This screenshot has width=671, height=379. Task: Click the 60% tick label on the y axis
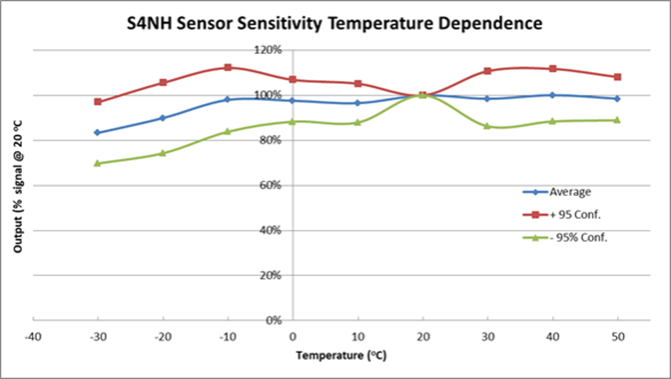click(272, 185)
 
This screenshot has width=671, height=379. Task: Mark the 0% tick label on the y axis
click(275, 320)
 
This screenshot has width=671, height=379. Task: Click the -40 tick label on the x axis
click(33, 337)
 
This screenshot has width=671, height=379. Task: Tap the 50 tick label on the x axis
click(617, 337)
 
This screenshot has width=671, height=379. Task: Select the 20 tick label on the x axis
click(422, 337)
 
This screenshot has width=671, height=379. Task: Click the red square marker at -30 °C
click(98, 102)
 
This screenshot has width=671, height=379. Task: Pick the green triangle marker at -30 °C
click(98, 163)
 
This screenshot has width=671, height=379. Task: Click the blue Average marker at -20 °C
click(163, 118)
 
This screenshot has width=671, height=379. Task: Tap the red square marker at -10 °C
click(228, 68)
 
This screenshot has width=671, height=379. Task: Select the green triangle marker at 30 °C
click(487, 126)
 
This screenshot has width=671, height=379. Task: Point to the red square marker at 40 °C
click(552, 69)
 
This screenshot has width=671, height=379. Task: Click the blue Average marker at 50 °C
click(617, 98)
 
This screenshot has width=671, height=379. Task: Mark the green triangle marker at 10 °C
click(357, 122)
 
